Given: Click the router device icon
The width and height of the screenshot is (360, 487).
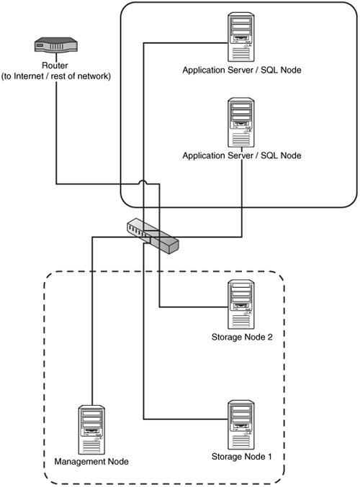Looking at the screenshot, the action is (x=56, y=45).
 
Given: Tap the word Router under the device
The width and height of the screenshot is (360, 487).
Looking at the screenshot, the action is (x=55, y=65).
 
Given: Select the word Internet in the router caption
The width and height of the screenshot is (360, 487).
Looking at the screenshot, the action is (x=29, y=76).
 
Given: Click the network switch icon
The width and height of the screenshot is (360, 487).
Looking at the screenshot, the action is (x=153, y=236).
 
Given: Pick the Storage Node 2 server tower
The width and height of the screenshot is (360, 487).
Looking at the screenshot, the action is (x=241, y=304).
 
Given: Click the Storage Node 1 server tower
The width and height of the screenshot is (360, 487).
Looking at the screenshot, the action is (x=241, y=424).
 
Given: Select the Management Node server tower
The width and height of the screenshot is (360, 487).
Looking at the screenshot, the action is (x=91, y=429).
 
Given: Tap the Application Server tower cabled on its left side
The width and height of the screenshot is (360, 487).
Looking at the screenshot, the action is (x=241, y=37).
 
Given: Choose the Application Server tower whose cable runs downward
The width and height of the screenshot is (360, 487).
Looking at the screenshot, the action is (x=241, y=122).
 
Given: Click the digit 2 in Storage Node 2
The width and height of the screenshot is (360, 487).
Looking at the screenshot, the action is (x=269, y=337).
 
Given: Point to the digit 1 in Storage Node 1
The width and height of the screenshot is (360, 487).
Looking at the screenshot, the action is (x=269, y=457).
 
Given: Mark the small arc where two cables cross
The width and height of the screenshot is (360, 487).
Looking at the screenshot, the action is (x=143, y=182).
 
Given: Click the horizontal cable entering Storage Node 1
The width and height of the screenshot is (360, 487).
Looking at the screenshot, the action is (x=186, y=419).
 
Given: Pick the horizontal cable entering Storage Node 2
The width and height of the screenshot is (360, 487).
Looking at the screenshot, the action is (x=194, y=307).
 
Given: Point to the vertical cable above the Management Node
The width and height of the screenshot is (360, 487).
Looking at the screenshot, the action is (x=92, y=321).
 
